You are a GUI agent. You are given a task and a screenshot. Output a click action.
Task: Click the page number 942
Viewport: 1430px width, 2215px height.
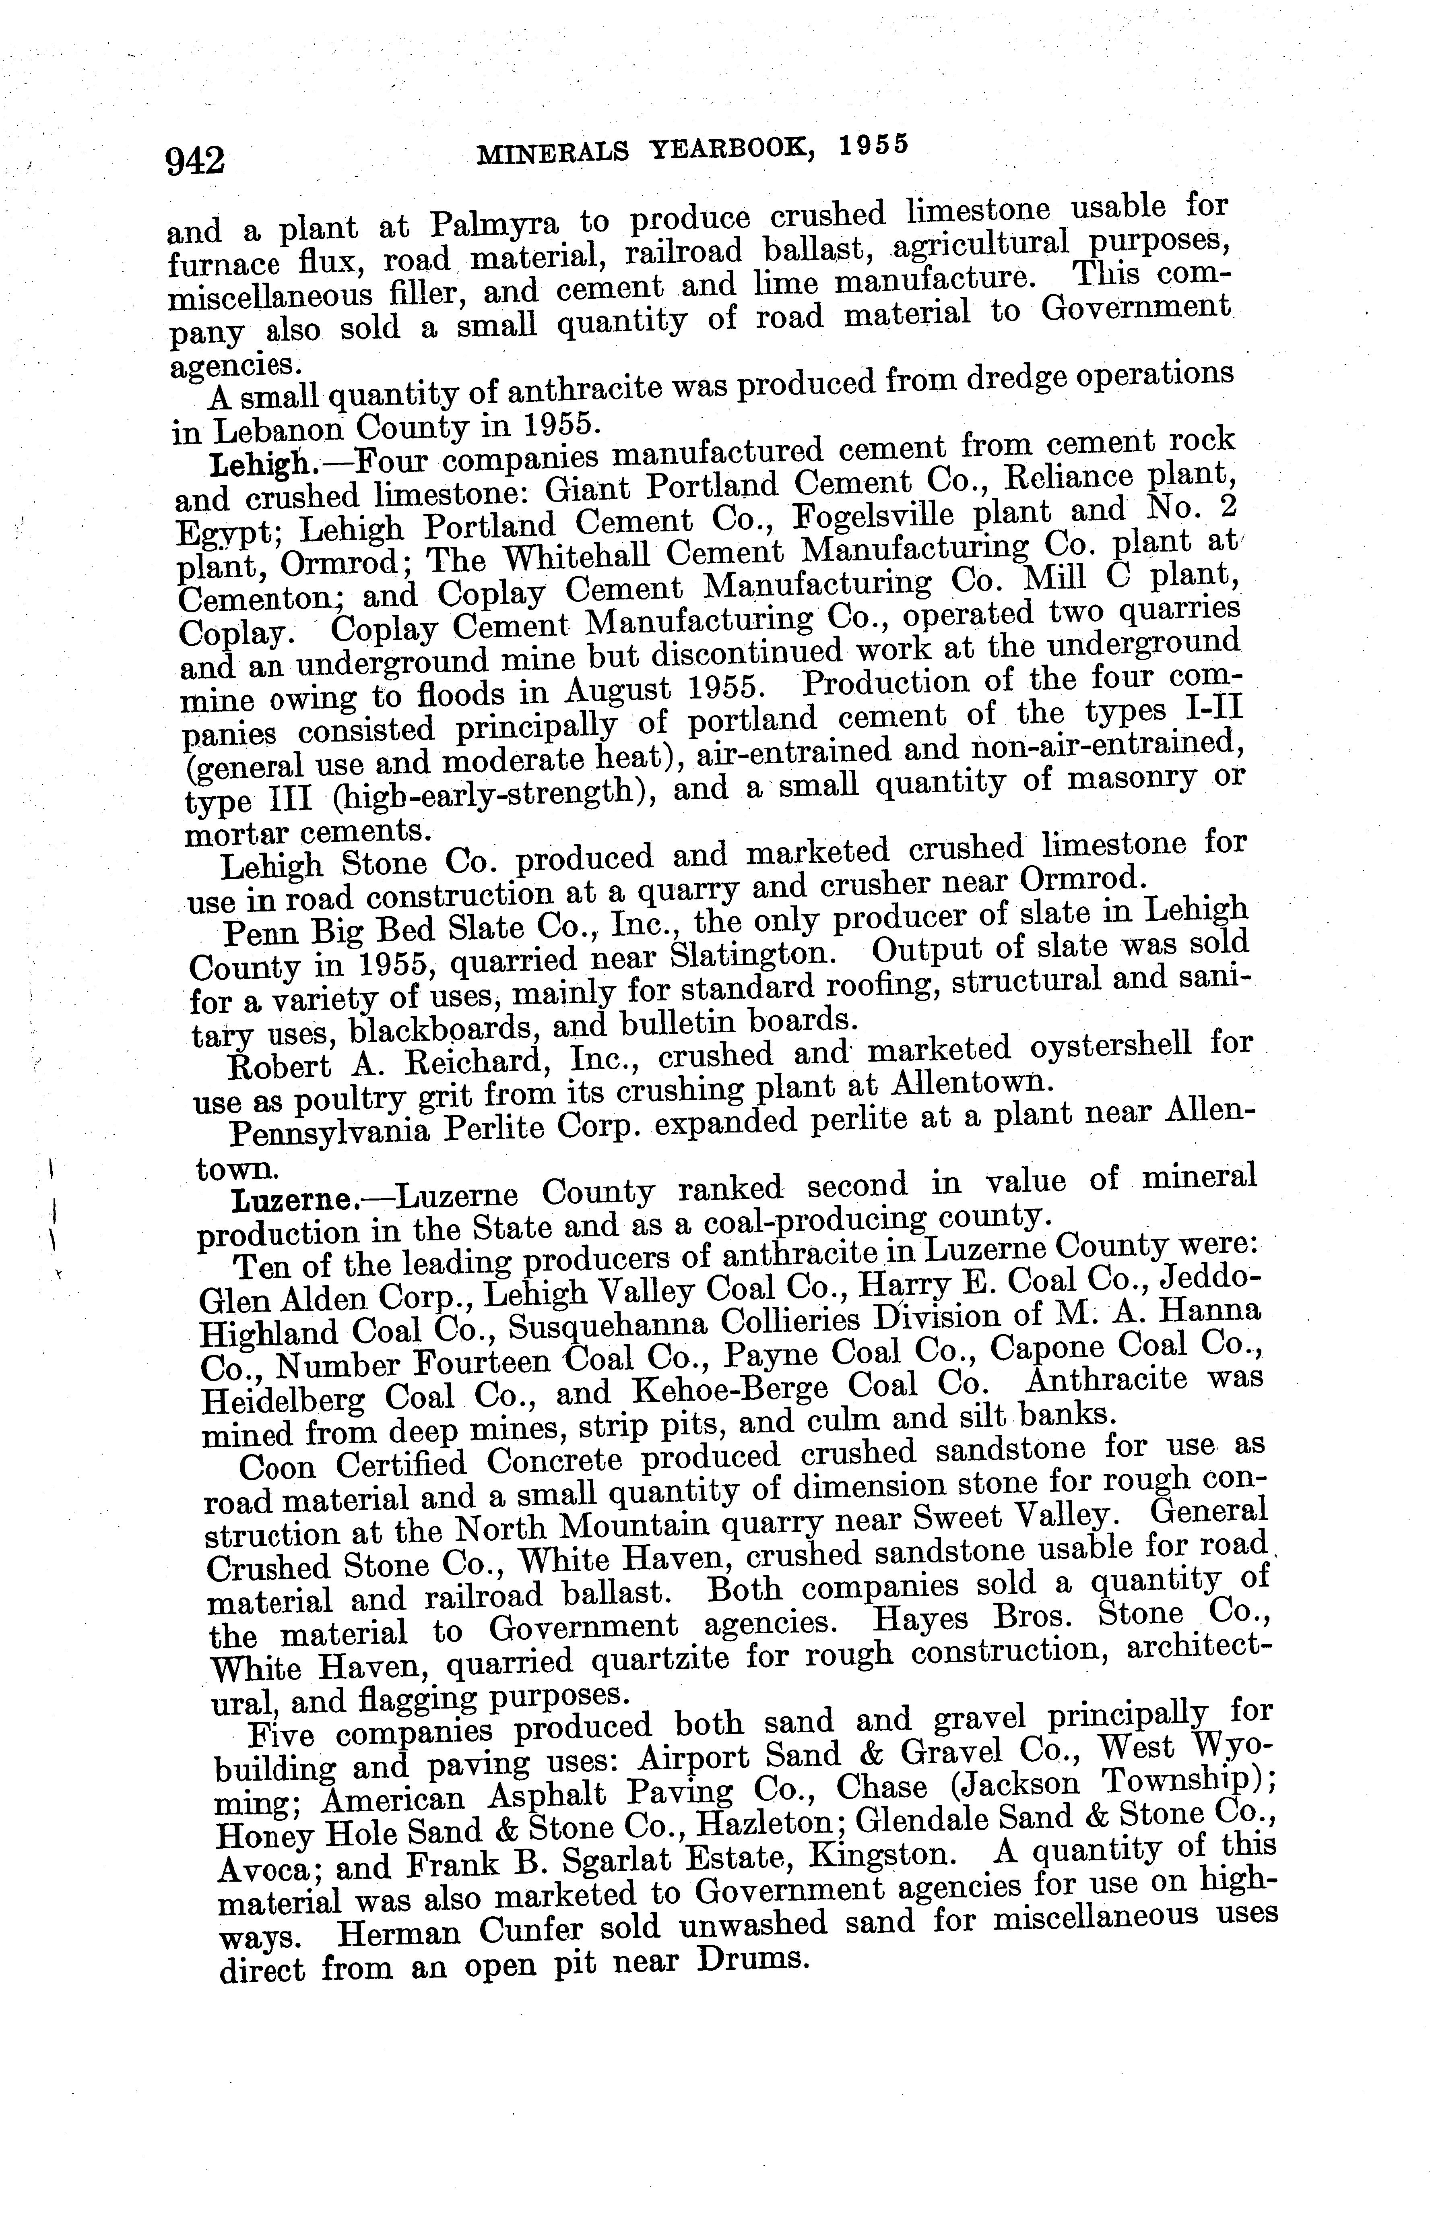pos(195,160)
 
